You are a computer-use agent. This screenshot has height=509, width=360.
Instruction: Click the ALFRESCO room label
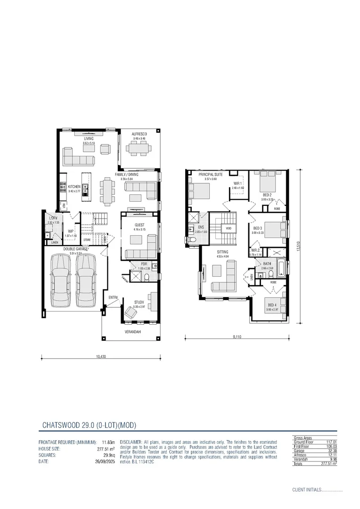[x=139, y=134]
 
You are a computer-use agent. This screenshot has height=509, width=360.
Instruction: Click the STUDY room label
[x=139, y=302]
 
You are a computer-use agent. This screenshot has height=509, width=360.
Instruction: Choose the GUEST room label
[x=139, y=225]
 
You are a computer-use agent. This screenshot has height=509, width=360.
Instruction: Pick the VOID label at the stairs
[x=229, y=229]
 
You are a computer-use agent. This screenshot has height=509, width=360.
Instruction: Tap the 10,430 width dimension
[x=100, y=356]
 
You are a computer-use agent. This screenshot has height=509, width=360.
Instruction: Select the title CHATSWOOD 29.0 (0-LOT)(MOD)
[x=89, y=425]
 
